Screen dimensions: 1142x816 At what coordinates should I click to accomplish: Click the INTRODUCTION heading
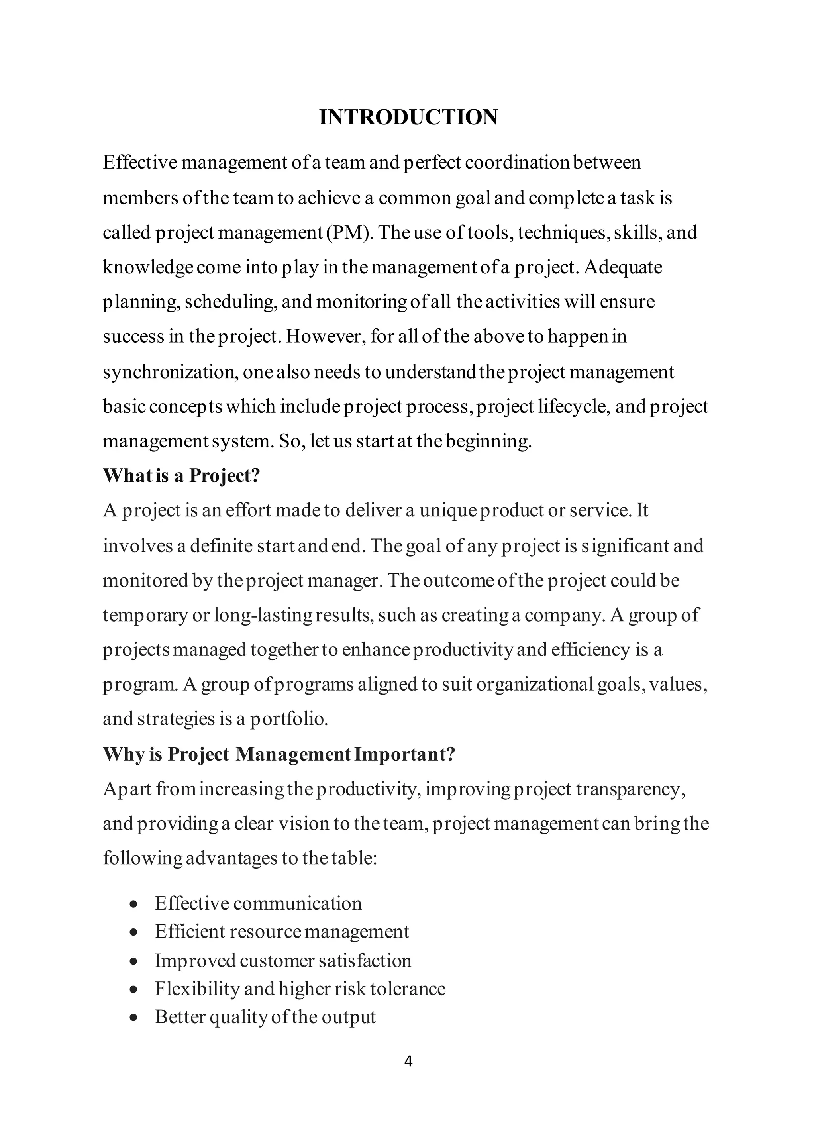(408, 117)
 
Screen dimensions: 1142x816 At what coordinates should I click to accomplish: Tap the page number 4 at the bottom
(408, 1061)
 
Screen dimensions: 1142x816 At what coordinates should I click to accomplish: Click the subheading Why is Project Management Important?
(279, 754)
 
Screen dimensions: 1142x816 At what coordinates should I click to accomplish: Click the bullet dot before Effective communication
(133, 904)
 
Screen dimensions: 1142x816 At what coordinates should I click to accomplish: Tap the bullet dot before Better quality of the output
(133, 1017)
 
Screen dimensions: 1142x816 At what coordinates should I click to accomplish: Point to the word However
(324, 336)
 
